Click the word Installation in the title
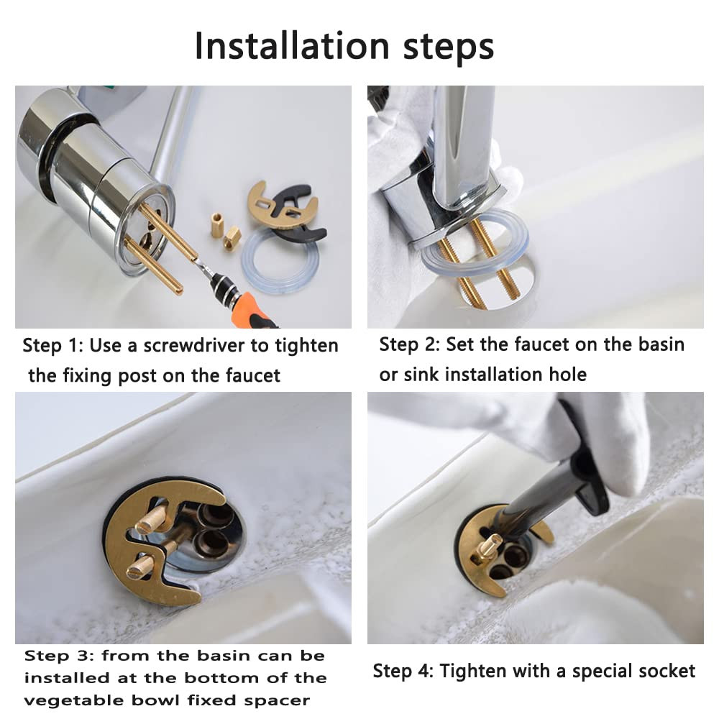292,46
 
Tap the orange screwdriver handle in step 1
251,308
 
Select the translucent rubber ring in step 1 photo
280,262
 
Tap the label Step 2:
410,345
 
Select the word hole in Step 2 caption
568,375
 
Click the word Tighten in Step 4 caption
472,672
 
